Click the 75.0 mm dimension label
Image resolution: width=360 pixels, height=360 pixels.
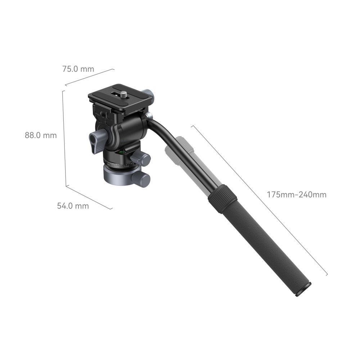pos(78,69)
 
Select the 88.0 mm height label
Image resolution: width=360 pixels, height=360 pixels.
pos(41,135)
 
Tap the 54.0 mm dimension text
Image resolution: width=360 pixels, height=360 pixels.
pos(73,206)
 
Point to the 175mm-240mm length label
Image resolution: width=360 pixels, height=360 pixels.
pos(297,195)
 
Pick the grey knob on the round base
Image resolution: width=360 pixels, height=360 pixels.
pos(142,179)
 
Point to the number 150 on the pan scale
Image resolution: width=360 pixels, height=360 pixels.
pos(126,166)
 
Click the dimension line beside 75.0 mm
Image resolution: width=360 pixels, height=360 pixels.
pos(90,77)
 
